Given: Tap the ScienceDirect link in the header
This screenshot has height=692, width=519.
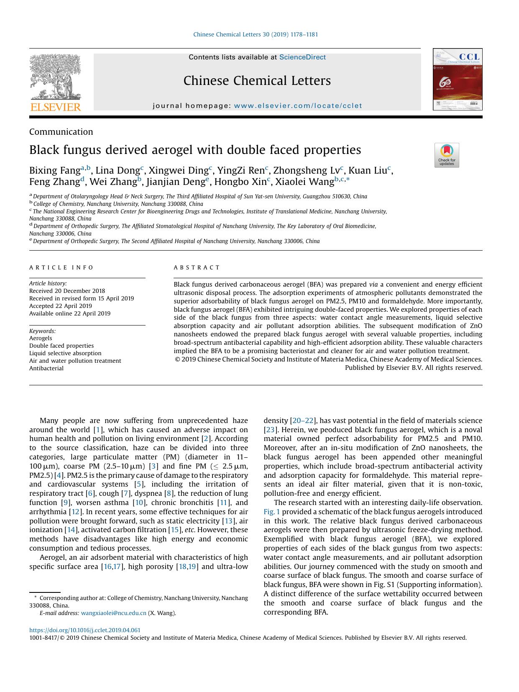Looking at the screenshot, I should pyautogui.click(x=302, y=57).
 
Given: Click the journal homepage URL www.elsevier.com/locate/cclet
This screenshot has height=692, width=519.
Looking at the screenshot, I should pyautogui.click(x=298, y=106).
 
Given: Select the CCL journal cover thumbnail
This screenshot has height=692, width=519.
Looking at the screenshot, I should pyautogui.click(x=458, y=79).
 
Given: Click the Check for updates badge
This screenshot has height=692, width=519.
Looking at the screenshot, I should pyautogui.click(x=447, y=155).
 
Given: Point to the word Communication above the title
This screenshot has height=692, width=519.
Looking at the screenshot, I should pyautogui.click(x=61, y=132).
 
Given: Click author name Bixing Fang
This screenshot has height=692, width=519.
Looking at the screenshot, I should pyautogui.click(x=54, y=171).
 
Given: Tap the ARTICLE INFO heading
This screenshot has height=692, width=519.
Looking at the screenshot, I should pyautogui.click(x=61, y=267).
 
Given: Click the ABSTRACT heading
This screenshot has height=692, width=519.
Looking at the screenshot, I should pyautogui.click(x=197, y=267).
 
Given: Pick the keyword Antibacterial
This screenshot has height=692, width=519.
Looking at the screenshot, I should pyautogui.click(x=46, y=368).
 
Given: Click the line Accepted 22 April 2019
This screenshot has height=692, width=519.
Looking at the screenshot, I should pyautogui.click(x=61, y=306).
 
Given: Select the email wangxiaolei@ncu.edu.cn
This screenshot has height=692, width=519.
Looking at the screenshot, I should pyautogui.click(x=113, y=613).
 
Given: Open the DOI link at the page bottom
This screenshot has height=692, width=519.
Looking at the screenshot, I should pyautogui.click(x=85, y=630).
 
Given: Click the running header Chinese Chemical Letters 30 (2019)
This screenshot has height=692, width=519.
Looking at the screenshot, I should pyautogui.click(x=255, y=34).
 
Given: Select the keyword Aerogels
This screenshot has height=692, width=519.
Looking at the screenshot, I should pyautogui.click(x=41, y=338).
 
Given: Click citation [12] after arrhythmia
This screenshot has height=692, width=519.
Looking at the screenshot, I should pyautogui.click(x=75, y=512).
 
